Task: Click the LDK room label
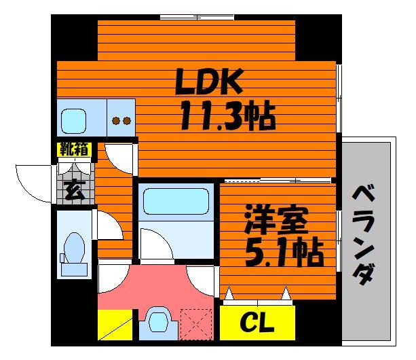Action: click(209, 82)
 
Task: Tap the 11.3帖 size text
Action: click(227, 115)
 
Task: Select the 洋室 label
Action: click(276, 220)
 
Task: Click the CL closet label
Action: click(257, 322)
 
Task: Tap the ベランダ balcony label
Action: click(364, 235)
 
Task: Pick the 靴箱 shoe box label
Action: click(75, 149)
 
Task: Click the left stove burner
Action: click(115, 121)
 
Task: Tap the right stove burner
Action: click(127, 121)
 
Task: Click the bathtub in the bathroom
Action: click(176, 201)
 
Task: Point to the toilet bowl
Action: click(74, 248)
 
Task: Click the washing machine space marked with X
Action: click(196, 324)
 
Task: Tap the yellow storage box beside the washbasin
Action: click(115, 325)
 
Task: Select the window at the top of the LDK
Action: click(197, 18)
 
